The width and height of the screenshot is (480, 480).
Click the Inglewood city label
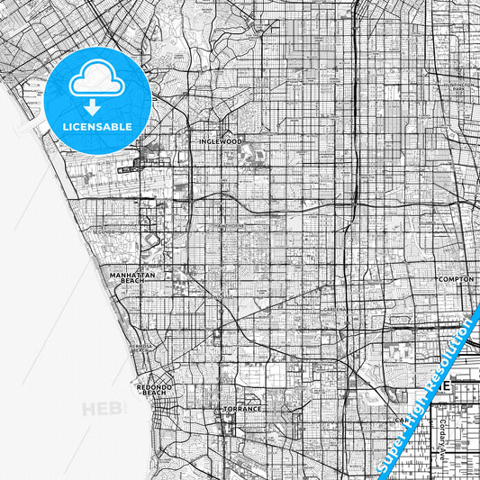point(221,141)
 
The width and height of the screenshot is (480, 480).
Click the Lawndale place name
point(222,295)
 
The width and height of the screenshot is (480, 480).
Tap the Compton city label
point(455,279)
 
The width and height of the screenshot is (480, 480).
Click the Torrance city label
point(242,408)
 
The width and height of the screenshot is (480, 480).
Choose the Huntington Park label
point(458,87)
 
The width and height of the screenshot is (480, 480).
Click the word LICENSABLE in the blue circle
point(97,127)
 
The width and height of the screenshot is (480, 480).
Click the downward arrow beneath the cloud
point(97,107)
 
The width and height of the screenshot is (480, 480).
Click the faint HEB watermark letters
point(101,410)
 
